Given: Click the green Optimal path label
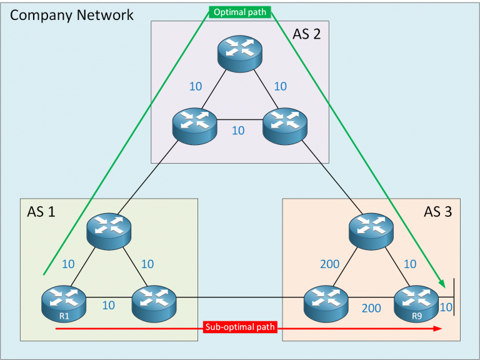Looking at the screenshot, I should click(239, 12).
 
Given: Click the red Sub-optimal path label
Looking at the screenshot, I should click(239, 327).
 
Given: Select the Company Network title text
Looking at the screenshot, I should click(71, 14).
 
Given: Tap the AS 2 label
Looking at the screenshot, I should click(306, 34).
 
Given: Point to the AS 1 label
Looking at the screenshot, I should click(41, 212).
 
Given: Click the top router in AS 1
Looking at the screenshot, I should click(109, 228).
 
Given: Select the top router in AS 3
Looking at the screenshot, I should click(373, 228).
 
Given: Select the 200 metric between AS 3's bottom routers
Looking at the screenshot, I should click(371, 307).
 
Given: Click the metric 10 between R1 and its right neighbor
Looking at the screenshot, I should click(109, 306).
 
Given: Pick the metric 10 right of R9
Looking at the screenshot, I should click(446, 307).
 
